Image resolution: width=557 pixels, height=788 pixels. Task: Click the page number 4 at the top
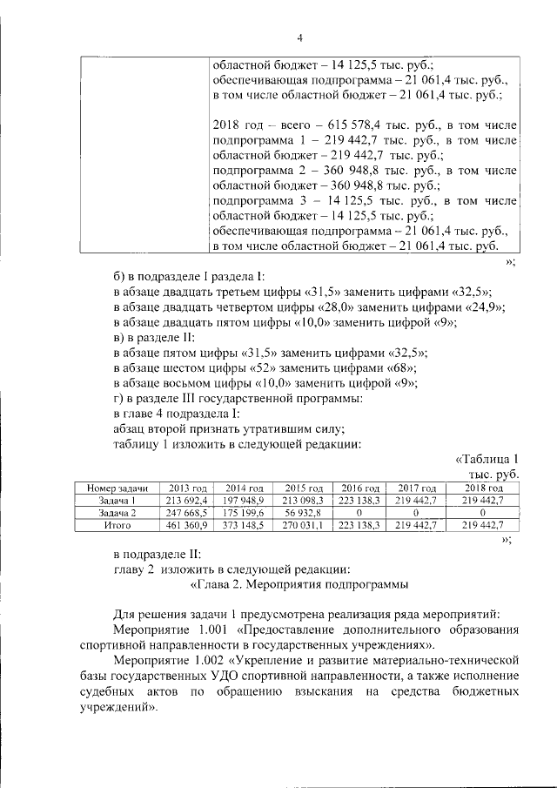[x=299, y=38]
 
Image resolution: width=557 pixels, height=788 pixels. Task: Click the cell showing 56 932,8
[x=304, y=514]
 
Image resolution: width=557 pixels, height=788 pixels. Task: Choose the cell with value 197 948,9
[x=245, y=502]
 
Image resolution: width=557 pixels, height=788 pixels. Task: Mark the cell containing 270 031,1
[x=304, y=526]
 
